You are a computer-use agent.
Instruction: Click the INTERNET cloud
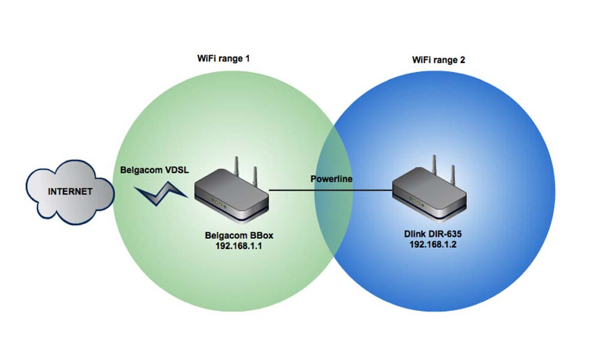coord(70,191)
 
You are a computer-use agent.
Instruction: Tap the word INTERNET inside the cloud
coord(70,191)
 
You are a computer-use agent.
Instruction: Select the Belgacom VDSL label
coord(155,170)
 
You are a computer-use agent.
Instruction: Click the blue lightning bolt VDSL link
coord(161,193)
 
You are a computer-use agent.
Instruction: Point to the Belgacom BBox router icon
coord(232,195)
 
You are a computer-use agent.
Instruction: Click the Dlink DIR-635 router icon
coord(430,194)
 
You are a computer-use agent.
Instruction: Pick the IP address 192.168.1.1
coord(239,246)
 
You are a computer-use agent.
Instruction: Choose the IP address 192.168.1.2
coord(433,244)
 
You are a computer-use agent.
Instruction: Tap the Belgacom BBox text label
coord(239,235)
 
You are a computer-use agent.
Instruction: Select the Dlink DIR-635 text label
coord(433,234)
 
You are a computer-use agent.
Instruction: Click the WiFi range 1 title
coord(223,59)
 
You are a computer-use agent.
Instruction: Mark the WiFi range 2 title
coord(439,60)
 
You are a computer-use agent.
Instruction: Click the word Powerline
coord(331,179)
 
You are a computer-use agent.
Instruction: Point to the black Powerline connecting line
coord(331,190)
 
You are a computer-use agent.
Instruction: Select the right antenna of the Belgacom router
coord(255,178)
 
